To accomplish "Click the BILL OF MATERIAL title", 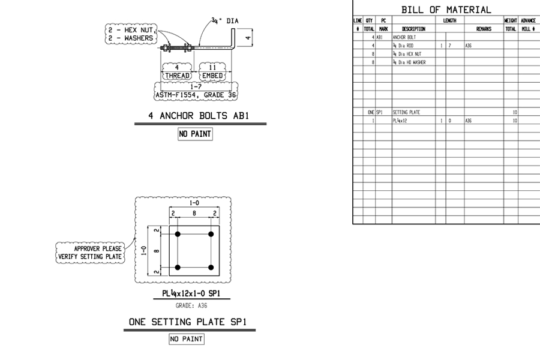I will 446,10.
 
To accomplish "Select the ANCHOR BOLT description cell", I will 404,37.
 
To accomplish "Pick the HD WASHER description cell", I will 408,62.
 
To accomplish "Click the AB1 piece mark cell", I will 379,37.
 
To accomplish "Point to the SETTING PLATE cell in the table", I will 406,112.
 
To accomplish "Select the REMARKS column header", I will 484,29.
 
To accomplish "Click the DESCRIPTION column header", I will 413,29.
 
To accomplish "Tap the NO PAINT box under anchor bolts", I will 195,134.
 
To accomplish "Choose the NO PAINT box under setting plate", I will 186,340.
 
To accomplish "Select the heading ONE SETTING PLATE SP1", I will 187,322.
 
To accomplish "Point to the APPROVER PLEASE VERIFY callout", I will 90,253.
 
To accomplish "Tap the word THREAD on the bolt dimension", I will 177,76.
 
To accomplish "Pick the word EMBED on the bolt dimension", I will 212,76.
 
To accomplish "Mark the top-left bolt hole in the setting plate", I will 178,233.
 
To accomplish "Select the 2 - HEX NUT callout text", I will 131,29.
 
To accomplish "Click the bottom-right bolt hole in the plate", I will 211,267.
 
